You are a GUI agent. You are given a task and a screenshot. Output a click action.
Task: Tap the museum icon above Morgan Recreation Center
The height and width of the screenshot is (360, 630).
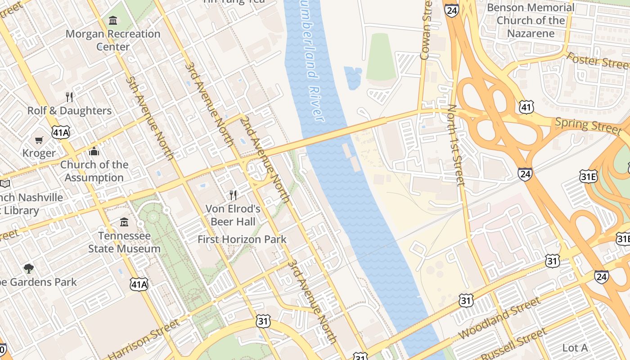(x=113, y=20)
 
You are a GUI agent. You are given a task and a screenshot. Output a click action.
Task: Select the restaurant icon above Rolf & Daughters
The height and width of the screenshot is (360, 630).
(x=69, y=97)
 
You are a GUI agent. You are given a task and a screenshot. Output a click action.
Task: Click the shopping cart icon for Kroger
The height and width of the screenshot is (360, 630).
(x=39, y=140)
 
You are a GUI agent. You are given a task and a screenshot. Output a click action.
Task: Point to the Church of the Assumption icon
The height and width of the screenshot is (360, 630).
(x=94, y=151)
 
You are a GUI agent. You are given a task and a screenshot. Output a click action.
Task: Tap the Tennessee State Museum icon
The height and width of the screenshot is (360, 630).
(x=124, y=222)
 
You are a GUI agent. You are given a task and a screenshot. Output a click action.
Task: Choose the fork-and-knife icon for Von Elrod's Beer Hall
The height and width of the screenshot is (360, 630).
(x=233, y=195)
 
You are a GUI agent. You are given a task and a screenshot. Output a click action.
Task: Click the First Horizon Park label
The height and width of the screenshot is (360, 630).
(x=242, y=239)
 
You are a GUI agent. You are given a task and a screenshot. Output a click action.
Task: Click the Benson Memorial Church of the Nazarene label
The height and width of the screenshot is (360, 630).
(x=531, y=20)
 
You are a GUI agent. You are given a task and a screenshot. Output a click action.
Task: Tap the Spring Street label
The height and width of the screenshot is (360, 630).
(x=588, y=125)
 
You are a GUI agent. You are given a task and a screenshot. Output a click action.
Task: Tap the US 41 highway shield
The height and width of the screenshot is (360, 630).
(x=526, y=107)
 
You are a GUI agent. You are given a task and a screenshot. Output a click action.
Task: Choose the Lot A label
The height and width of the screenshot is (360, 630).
(x=575, y=348)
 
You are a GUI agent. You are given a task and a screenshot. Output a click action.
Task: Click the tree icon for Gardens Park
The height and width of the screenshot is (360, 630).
(x=29, y=269)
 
